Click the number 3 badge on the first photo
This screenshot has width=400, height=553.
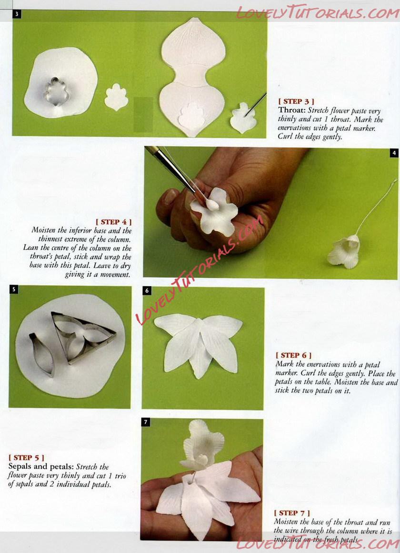click(17, 14)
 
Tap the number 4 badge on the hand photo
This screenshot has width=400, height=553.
click(394, 152)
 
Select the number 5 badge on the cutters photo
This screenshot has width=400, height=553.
click(13, 290)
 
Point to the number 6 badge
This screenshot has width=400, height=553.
click(147, 291)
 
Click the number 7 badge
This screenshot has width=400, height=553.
click(146, 422)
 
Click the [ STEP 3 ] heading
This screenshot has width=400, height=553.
click(296, 101)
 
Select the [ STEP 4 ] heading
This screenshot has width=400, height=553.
click(114, 222)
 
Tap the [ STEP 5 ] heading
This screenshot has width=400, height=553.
click(27, 457)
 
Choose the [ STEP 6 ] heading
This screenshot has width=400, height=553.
click(293, 355)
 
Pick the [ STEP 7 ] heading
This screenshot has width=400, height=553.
click(292, 513)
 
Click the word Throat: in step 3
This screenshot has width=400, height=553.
click(292, 110)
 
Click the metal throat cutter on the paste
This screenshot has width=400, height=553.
click(57, 92)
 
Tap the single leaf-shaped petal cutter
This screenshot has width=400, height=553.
click(42, 354)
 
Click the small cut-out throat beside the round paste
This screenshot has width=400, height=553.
click(116, 97)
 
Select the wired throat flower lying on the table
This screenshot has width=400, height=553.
click(344, 251)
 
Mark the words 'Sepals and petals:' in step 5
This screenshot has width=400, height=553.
click(41, 466)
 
